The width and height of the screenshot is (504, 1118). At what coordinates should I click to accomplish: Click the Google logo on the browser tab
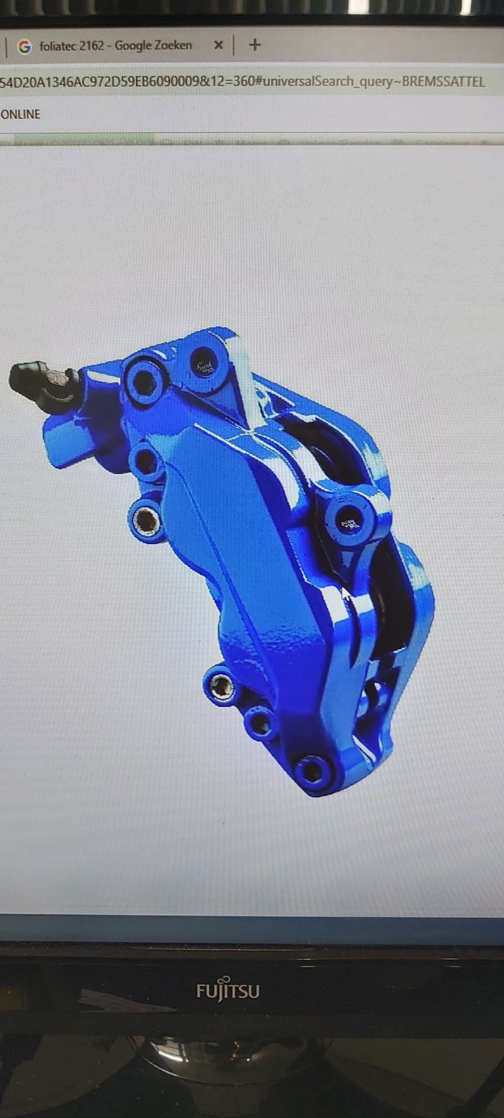(x=24, y=47)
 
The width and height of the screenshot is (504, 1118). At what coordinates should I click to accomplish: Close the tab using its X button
(x=218, y=45)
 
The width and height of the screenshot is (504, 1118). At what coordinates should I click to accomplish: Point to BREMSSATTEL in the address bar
(x=443, y=82)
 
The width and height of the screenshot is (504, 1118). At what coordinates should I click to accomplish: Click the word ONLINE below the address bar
(x=21, y=114)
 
